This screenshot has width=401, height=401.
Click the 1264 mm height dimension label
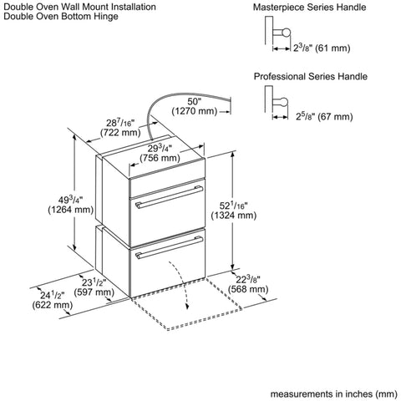point(71,205)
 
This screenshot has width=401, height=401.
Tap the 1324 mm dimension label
point(234,211)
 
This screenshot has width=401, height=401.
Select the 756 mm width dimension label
point(160,153)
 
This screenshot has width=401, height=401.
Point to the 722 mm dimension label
point(120,128)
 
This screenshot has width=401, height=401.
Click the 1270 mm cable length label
point(194,106)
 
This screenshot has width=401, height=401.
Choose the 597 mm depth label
point(94,287)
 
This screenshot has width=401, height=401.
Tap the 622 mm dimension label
point(53,300)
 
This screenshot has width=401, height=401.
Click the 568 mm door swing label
point(248,284)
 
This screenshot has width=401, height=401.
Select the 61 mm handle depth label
point(322,48)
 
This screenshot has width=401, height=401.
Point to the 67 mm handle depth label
point(324,116)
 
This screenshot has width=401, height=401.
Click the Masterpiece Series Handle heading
point(309,7)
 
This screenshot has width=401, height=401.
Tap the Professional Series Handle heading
point(311,76)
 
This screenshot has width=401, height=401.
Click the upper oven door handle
point(169,197)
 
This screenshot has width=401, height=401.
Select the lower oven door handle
point(169,247)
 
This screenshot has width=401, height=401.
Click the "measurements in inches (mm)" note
point(334,393)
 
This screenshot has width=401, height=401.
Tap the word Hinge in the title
point(106,17)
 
